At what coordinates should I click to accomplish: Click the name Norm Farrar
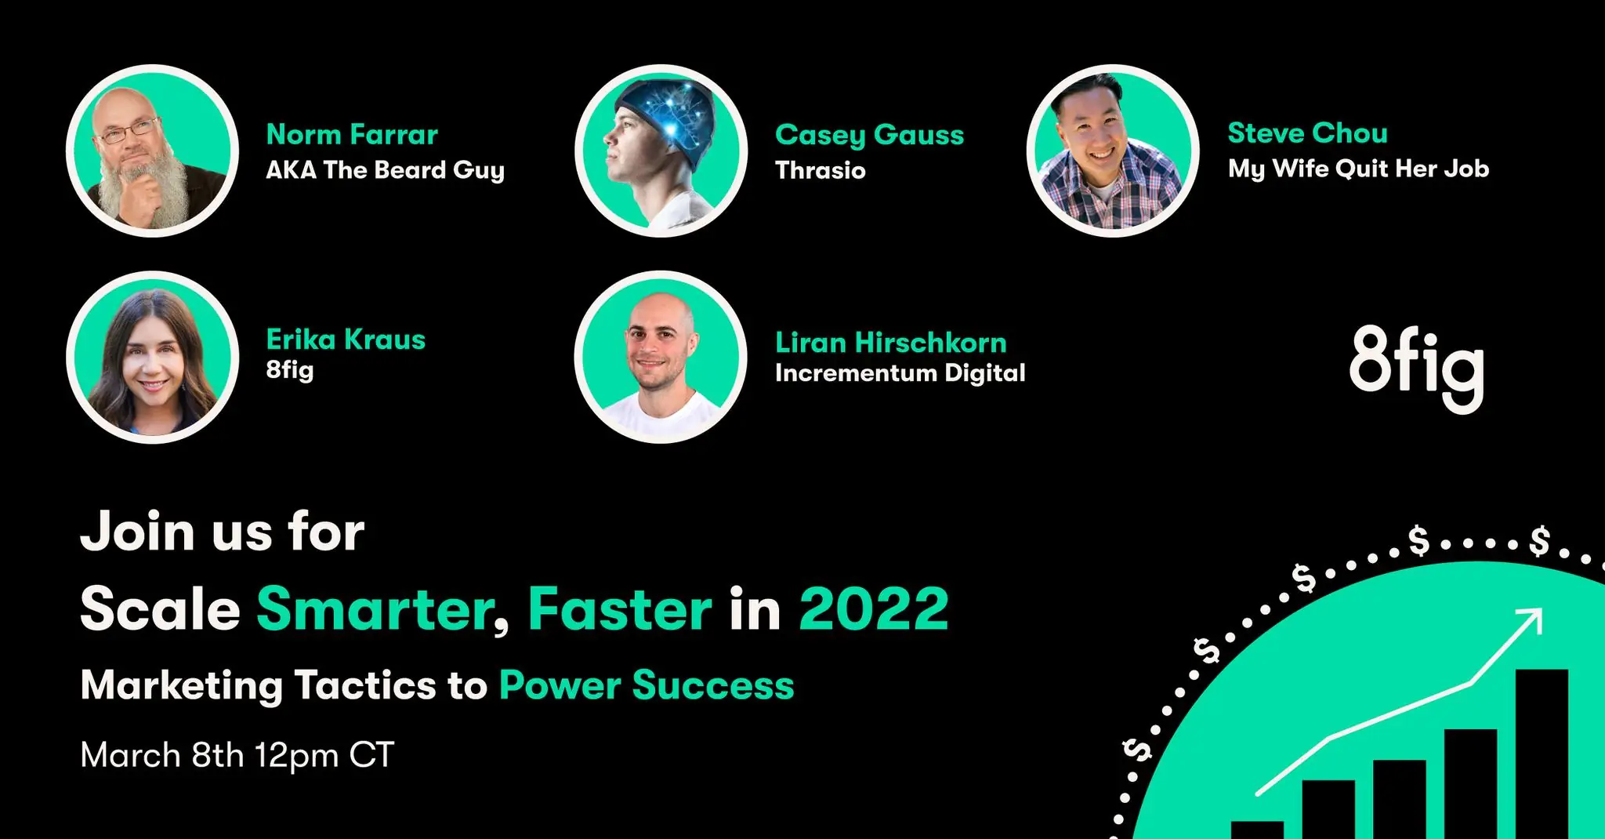click(352, 135)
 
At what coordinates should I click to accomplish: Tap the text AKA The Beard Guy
click(385, 171)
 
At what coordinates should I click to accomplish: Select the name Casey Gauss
click(869, 136)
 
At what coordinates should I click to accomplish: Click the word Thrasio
click(821, 170)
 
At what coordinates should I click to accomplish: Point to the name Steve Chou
click(1307, 133)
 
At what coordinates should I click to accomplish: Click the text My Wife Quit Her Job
click(1358, 169)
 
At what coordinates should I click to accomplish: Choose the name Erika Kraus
click(346, 340)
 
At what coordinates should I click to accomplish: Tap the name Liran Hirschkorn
click(890, 343)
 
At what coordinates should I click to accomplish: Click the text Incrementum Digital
click(900, 373)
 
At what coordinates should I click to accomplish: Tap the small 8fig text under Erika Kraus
click(290, 370)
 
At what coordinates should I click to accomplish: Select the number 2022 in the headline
click(874, 608)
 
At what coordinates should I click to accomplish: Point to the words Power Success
click(647, 685)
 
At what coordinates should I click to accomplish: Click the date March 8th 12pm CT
click(237, 755)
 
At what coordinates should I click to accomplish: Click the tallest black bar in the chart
click(1542, 753)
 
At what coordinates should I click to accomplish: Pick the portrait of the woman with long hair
click(152, 358)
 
